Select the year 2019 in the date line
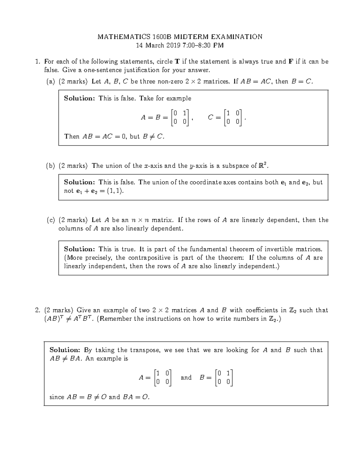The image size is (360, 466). tap(172, 46)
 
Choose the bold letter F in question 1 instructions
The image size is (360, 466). tap(290, 62)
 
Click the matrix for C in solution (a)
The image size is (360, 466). tap(233, 117)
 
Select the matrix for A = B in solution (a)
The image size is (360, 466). tap(180, 117)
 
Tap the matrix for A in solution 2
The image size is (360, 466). tap(162, 377)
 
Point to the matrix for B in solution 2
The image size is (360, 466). tap(224, 377)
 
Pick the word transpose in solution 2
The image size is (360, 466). tap(145, 350)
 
